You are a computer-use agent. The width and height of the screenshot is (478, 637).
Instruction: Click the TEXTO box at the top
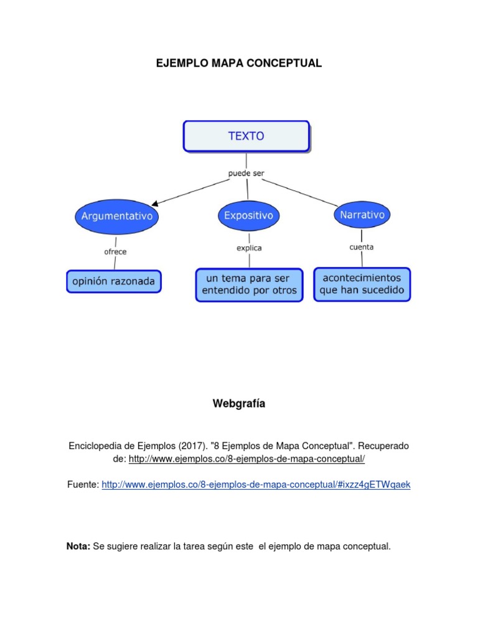tap(246, 136)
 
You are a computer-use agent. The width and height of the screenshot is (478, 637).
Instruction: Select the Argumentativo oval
tap(117, 216)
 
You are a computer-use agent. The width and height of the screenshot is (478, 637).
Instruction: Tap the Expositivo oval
tap(248, 216)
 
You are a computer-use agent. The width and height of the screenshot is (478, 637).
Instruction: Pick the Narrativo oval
tap(362, 215)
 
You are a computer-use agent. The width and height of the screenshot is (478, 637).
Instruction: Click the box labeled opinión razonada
tap(114, 281)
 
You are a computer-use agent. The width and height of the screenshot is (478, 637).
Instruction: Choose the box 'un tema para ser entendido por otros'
tap(250, 285)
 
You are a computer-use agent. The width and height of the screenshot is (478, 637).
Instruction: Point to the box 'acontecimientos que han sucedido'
tap(362, 284)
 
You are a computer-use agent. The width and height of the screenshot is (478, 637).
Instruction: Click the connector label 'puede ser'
tap(247, 173)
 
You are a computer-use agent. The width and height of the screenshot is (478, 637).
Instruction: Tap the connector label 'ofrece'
tap(115, 252)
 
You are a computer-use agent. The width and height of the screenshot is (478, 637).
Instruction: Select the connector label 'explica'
tap(249, 248)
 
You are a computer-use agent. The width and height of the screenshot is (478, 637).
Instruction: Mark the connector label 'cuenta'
tap(362, 247)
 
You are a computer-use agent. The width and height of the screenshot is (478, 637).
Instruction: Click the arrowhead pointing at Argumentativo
tap(156, 202)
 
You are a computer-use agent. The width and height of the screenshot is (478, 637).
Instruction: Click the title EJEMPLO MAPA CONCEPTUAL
tap(239, 63)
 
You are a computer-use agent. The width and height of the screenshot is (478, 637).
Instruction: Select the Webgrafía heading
tap(239, 404)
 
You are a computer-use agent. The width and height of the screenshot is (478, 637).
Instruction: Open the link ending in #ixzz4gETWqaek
tap(256, 484)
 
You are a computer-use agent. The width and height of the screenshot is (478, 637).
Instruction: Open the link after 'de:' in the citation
tap(246, 459)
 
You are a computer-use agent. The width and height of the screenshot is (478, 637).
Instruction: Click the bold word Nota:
tap(78, 546)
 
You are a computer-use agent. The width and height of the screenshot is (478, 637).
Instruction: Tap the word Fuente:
tap(83, 484)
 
